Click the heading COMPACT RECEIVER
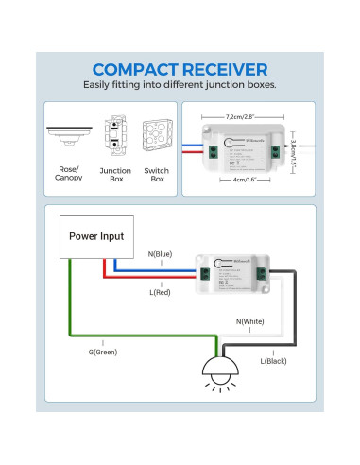(x=180, y=69)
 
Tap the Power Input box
(x=99, y=236)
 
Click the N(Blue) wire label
(x=161, y=253)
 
